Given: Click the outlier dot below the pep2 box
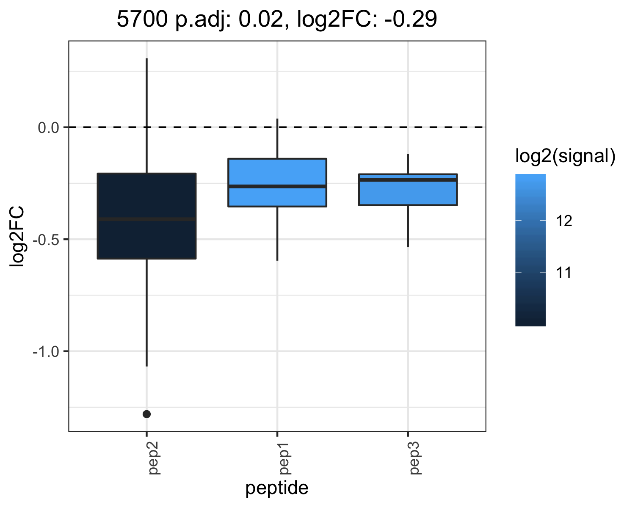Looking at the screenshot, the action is click(146, 414).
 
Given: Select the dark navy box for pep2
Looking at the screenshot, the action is click(146, 216).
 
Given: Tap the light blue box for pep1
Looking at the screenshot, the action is click(277, 182).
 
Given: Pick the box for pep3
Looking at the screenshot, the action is click(408, 190).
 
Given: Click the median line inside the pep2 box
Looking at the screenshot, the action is click(146, 219).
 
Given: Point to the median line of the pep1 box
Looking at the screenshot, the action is click(277, 186).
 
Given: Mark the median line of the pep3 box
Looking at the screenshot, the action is click(408, 179).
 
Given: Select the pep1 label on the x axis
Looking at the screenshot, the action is click(285, 458).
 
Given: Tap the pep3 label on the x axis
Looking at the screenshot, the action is click(415, 458).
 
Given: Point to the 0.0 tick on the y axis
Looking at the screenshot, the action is click(49, 128).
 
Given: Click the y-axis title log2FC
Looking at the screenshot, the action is click(17, 237).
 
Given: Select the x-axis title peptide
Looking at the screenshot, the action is click(277, 488).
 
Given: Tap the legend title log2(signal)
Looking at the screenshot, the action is click(566, 156).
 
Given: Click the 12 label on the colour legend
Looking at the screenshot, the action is click(564, 221).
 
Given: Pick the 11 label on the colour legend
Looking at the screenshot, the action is click(564, 273).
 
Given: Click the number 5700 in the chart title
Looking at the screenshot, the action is click(142, 19).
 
